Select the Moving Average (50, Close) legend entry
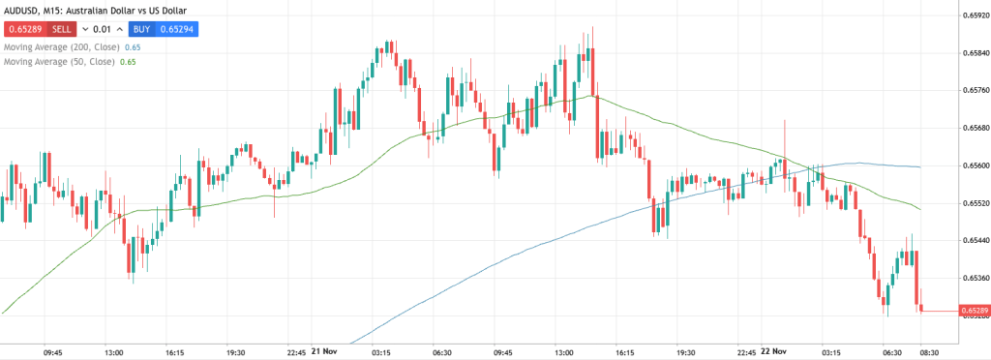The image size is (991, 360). click(x=57, y=62)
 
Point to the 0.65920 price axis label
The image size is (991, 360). click(x=973, y=15)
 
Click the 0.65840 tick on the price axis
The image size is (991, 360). click(x=973, y=52)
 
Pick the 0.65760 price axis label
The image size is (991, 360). click(x=973, y=90)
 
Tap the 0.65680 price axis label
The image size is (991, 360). click(x=973, y=128)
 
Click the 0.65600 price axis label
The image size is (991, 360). click(x=973, y=165)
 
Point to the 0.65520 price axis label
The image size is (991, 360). click(x=973, y=203)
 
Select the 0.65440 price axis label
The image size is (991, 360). click(x=973, y=241)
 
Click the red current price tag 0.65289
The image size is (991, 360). click(x=973, y=311)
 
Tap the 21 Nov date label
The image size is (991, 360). click(x=322, y=352)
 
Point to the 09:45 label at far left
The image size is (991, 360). click(x=54, y=352)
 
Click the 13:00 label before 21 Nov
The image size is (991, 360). click(x=114, y=352)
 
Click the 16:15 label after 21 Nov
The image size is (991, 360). click(x=624, y=352)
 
